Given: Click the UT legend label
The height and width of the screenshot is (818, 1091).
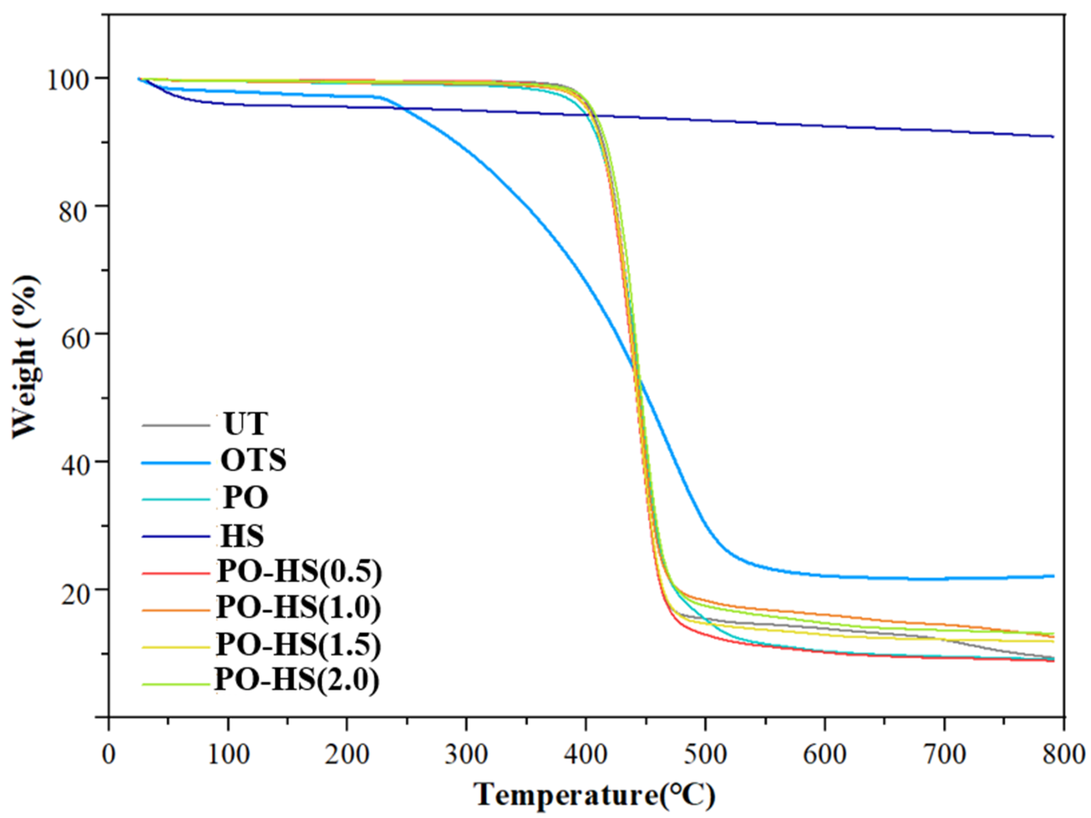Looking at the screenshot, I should tap(245, 424).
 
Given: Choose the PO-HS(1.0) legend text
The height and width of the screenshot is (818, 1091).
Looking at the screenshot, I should tap(299, 609).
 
